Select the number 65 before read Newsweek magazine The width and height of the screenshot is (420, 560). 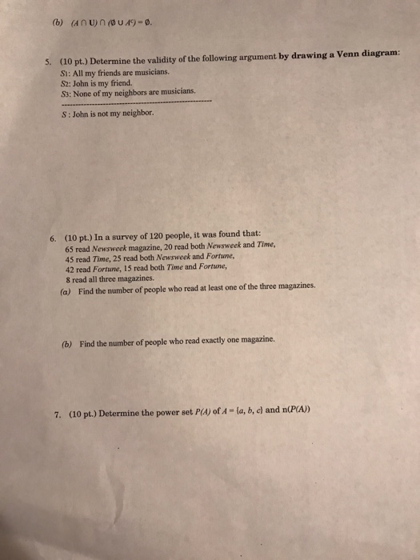click(x=70, y=249)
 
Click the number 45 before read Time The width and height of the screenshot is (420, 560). click(x=70, y=258)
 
